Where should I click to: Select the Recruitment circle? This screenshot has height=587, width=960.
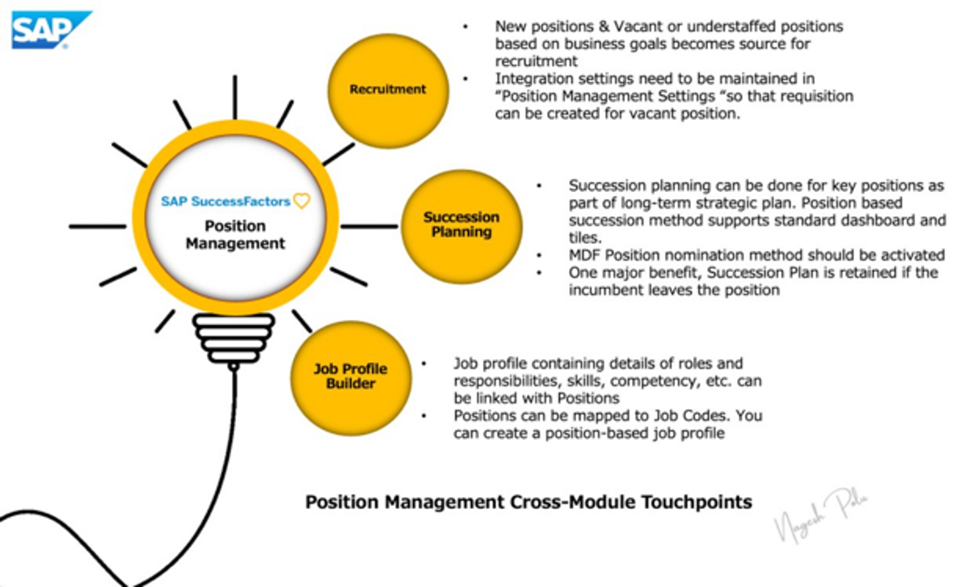coord(388,90)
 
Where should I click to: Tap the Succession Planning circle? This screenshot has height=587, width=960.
coord(461,226)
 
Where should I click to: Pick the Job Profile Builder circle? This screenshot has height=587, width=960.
coord(351,377)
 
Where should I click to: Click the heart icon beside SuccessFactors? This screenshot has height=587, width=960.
coord(302,201)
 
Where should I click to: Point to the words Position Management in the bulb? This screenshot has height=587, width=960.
coord(235,235)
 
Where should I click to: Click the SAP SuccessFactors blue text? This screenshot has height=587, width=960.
coord(225,202)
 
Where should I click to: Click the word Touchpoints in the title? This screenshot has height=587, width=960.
coord(697,502)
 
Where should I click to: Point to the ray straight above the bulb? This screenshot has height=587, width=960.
coord(235,97)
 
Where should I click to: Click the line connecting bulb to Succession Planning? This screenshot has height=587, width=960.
coord(369,226)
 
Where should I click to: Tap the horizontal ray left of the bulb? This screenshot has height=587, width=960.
coord(97,226)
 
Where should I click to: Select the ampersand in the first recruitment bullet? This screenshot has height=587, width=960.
coord(604,27)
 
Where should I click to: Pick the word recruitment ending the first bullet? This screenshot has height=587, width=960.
coord(536,61)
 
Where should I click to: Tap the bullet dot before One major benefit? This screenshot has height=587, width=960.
coord(540,273)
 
